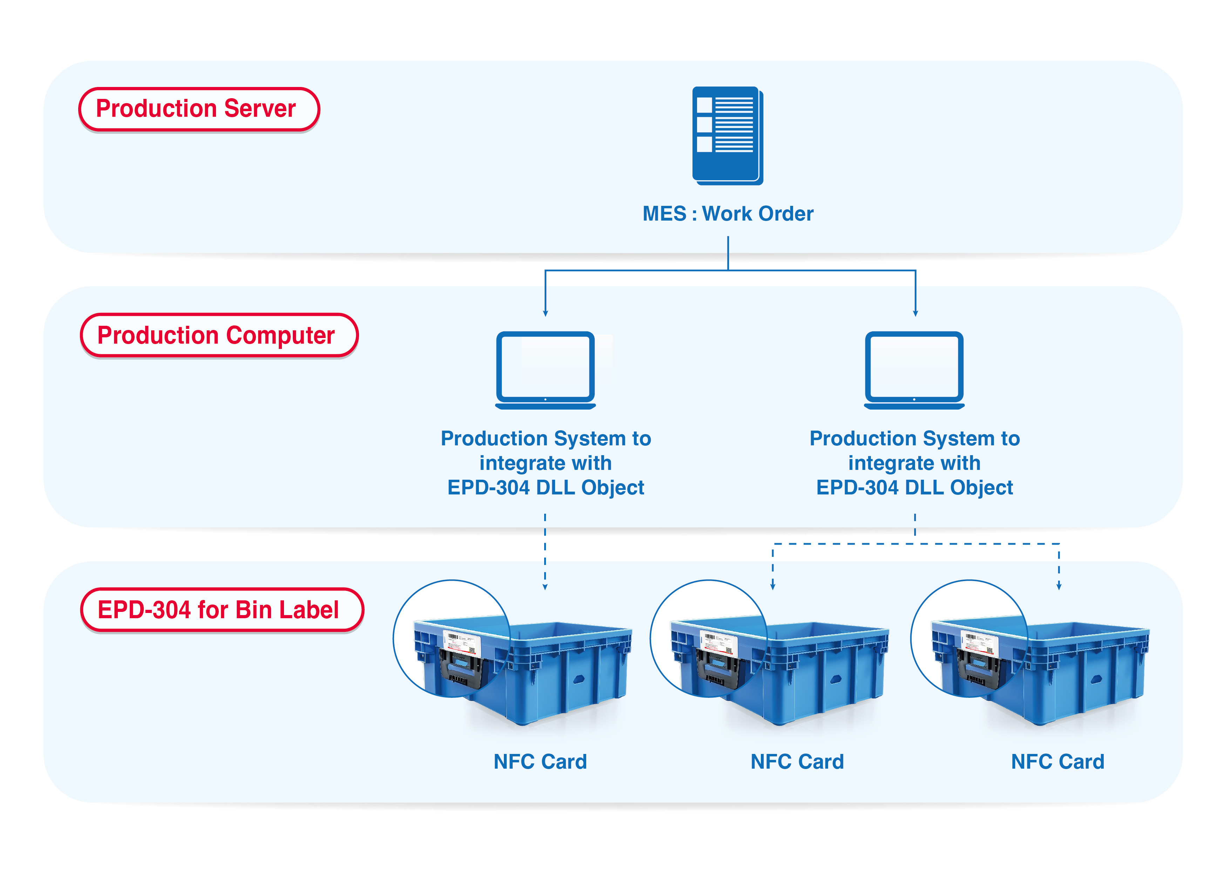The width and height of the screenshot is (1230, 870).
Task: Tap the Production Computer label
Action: [x=218, y=335]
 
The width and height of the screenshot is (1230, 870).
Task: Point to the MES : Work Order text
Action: [x=728, y=214]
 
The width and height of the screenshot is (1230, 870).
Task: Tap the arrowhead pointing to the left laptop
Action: [x=545, y=313]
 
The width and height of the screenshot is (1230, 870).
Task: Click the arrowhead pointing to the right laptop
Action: [x=915, y=313]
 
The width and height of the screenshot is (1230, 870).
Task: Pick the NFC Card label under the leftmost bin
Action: [x=540, y=761]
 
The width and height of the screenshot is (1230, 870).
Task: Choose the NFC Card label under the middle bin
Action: [x=797, y=761]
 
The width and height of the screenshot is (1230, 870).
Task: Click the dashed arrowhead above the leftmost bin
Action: [x=545, y=587]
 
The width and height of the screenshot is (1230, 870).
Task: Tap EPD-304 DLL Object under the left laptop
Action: [x=545, y=487]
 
